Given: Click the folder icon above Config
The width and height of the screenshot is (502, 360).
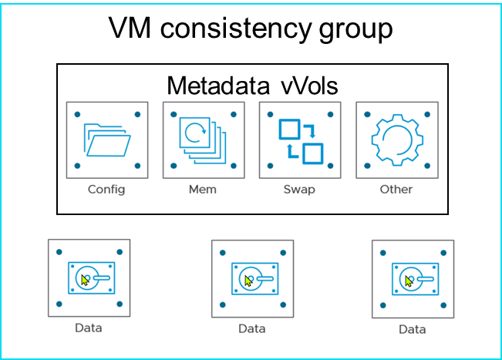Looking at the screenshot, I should point(106,140).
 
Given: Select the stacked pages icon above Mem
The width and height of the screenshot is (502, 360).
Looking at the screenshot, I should point(202,140).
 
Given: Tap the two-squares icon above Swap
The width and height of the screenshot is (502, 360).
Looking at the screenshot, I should point(298,140).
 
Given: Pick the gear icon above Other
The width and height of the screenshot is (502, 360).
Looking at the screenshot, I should point(396,140).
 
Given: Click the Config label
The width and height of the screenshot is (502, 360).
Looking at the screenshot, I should point(106,189).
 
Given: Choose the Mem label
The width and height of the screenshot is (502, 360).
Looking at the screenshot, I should point(203,189).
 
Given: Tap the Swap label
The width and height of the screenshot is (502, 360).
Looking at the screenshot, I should point(299,189).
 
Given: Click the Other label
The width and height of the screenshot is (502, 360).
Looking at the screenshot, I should point(396,189).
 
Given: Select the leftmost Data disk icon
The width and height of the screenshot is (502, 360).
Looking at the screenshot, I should point(89,278).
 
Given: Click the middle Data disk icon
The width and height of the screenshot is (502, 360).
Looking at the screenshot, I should point(251,278).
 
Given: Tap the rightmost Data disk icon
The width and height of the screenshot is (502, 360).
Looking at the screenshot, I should point(413,279).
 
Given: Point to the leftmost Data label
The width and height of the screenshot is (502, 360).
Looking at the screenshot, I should point(89,328).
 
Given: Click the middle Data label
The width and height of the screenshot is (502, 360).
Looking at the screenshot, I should point(251,328).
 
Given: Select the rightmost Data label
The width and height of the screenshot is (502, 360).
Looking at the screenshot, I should point(413,330).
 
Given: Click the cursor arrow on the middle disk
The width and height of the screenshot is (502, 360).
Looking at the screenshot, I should point(248,281).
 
